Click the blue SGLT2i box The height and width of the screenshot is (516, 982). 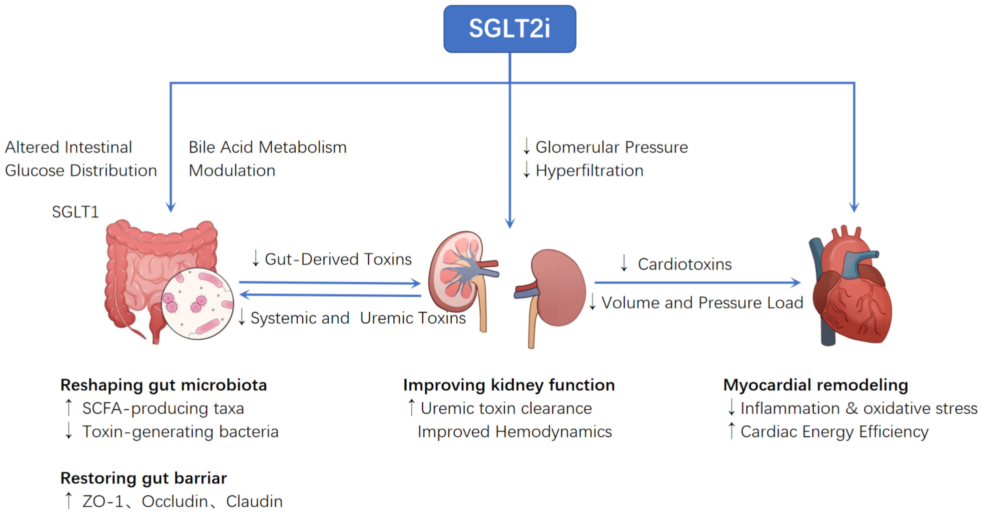click(509, 29)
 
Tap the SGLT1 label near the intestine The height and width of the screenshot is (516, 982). click(75, 212)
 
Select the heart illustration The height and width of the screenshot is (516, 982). click(852, 290)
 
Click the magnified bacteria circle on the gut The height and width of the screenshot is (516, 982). click(197, 304)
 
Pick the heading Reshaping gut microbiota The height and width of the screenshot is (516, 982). click(163, 385)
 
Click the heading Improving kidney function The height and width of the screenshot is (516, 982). click(509, 385)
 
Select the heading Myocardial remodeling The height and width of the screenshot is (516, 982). click(815, 385)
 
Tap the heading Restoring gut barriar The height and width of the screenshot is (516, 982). click(144, 478)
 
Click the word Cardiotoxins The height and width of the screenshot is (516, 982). click(684, 264)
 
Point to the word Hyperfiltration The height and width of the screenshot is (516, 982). click(589, 170)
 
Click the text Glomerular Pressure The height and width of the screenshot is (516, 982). click(612, 147)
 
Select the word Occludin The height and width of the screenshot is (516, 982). click(175, 502)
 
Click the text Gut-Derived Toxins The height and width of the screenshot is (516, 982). click(338, 259)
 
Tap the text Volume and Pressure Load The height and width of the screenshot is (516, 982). click(702, 303)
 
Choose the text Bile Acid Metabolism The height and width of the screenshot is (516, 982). click(268, 147)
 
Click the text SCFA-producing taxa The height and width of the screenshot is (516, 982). click(163, 408)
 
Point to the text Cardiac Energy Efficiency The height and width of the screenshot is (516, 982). click(834, 432)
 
